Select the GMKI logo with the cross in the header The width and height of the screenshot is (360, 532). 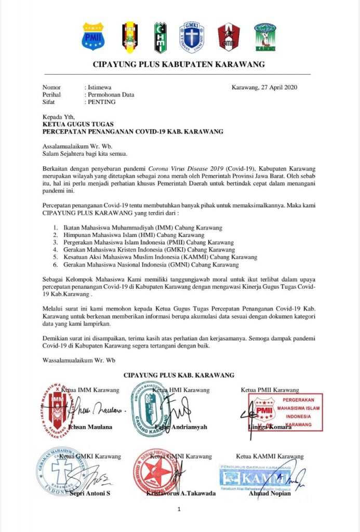pyautogui.click(x=191, y=37)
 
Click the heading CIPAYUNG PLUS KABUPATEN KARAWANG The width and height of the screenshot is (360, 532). pyautogui.click(x=179, y=65)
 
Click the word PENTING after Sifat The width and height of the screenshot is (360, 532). pyautogui.click(x=102, y=102)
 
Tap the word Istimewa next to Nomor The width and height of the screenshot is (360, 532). pyautogui.click(x=99, y=87)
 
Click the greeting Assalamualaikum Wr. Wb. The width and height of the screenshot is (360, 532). pyautogui.click(x=77, y=146)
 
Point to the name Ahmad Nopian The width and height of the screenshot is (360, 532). pyautogui.click(x=270, y=493)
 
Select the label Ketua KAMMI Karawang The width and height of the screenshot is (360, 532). pyautogui.click(x=270, y=457)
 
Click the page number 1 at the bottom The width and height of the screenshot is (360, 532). pyautogui.click(x=179, y=510)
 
